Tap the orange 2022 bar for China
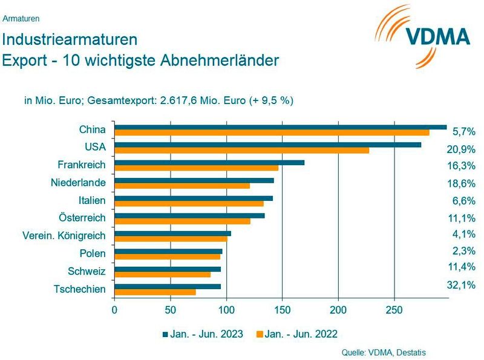(272, 133)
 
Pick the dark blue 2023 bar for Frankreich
(209, 162)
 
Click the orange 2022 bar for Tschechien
(155, 292)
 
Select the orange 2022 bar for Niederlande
(182, 186)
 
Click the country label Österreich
(81, 217)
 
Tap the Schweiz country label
(88, 271)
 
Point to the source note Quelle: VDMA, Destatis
(388, 352)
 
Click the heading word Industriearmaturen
(70, 41)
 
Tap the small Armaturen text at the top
(21, 19)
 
